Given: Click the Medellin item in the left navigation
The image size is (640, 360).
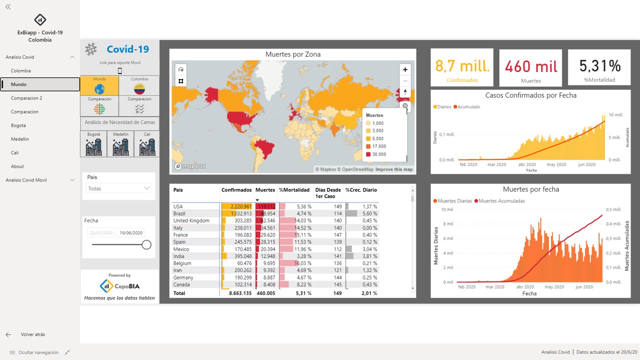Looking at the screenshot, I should (20, 139).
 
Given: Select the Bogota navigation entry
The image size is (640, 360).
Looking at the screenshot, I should (18, 125).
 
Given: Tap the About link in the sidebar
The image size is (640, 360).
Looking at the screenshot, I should (17, 166).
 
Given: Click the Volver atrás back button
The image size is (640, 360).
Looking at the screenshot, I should (32, 334).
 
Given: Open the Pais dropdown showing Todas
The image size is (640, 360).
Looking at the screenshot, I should (118, 188).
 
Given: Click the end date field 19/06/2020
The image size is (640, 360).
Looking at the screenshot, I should (131, 232).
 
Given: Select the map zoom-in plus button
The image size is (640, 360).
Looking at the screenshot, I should (405, 69).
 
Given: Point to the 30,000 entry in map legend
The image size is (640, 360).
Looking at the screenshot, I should (378, 154).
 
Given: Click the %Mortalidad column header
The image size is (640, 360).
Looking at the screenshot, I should (294, 190).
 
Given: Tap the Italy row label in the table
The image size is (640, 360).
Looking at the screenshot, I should (178, 227).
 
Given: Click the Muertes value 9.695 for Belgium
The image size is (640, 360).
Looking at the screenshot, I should (268, 263).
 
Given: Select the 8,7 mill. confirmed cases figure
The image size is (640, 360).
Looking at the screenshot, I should (462, 66).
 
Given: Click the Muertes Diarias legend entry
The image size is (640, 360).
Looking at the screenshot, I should (454, 201).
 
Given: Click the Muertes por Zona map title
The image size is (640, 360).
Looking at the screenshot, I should (293, 54).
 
